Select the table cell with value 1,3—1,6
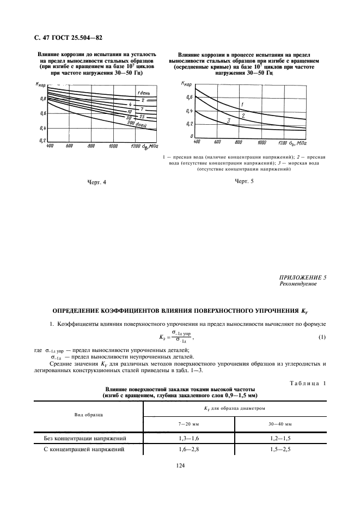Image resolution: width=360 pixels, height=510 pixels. (188, 438)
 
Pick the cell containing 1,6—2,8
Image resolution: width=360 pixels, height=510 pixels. (188, 450)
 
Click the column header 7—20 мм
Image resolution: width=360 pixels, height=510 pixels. (188, 423)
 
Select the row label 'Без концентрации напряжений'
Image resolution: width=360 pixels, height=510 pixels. (85, 438)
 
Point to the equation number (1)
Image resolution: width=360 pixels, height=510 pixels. (322, 337)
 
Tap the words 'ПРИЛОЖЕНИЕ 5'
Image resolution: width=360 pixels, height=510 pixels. (302, 277)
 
